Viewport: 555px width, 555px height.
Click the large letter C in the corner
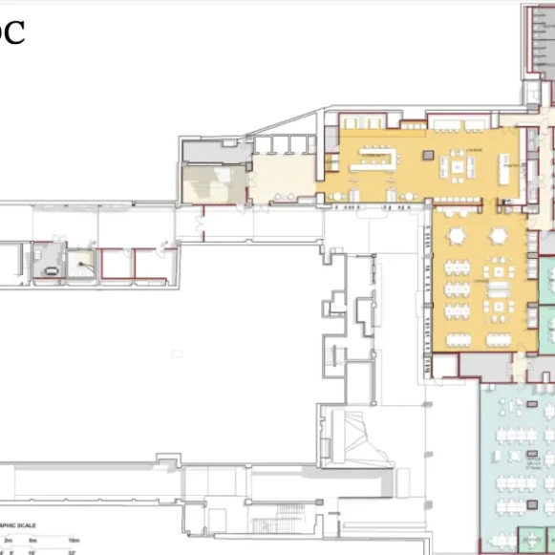click(x=11, y=32)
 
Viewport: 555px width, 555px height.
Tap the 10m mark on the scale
click(x=74, y=541)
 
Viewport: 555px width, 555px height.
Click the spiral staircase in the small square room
click(x=84, y=261)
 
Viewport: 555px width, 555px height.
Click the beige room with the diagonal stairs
click(x=213, y=182)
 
